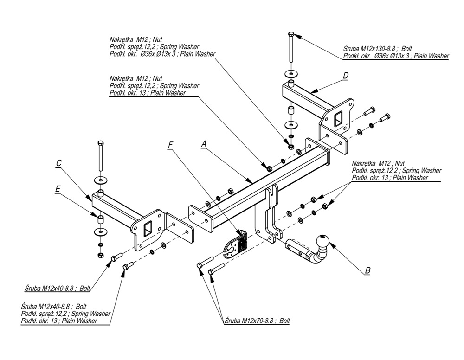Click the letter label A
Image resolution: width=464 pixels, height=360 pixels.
203,144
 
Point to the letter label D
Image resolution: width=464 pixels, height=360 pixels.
346,75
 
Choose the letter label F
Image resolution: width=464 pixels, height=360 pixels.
170,144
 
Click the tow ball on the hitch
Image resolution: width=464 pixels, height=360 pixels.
322,241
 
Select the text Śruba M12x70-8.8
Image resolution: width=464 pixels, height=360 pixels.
249,321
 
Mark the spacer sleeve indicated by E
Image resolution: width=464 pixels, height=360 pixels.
99,217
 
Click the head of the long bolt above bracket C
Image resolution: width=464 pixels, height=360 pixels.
100,142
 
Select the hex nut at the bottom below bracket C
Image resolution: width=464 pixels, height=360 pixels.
100,255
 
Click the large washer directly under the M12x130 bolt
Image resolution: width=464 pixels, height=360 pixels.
291,73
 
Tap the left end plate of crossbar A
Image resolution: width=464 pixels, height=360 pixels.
197,220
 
